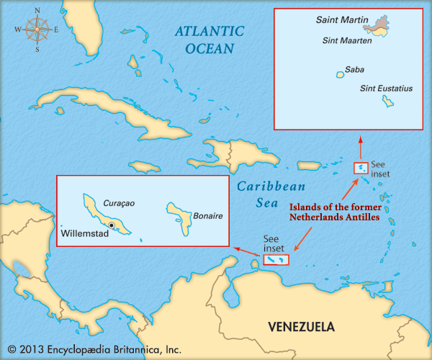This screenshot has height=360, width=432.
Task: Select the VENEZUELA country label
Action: pyautogui.click(x=301, y=326)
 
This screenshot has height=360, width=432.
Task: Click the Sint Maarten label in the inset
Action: pyautogui.click(x=346, y=41)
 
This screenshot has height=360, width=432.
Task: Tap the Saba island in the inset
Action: pyautogui.click(x=339, y=73)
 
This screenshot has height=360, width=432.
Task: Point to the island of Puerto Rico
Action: pyautogui.click(x=308, y=166)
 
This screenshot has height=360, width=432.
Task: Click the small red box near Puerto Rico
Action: pyautogui.click(x=359, y=168)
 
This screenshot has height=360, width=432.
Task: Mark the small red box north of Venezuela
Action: pyautogui.click(x=275, y=260)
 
